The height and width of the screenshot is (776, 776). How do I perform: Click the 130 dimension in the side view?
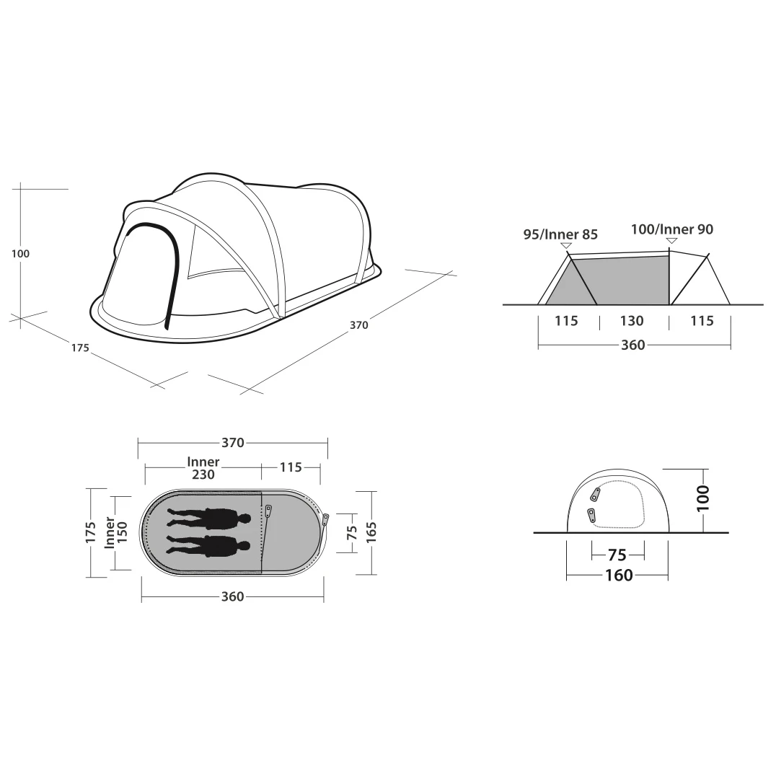point(632,321)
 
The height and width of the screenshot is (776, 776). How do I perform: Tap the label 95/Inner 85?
point(560,234)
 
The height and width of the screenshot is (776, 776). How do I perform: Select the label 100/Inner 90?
point(672,229)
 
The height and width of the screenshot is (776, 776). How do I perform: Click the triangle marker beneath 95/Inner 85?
point(565,245)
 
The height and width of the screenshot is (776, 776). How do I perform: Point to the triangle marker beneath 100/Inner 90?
point(671,241)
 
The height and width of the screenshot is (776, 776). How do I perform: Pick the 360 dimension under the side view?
point(633,345)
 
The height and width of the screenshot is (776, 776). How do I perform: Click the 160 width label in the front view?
point(619,575)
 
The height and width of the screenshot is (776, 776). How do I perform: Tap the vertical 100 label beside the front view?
point(702,498)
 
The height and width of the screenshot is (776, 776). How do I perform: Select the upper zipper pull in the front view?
point(596,494)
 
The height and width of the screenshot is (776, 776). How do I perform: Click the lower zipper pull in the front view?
point(591,515)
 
